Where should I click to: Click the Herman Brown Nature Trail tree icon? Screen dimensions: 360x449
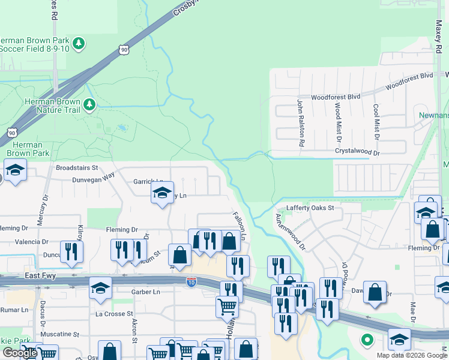point(89,106)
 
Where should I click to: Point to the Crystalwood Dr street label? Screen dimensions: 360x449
point(358,153)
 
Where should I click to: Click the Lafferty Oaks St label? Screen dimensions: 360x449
point(310,208)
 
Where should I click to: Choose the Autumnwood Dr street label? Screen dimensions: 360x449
point(291,232)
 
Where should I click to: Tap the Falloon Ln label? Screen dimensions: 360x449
point(239,226)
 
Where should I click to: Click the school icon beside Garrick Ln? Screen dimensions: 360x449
point(161,193)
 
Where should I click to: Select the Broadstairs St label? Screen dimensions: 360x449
point(76,168)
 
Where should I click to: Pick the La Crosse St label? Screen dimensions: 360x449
point(114,314)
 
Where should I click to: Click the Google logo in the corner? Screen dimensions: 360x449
point(19,353)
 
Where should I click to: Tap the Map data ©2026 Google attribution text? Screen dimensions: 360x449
point(412,355)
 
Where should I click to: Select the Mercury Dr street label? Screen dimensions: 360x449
point(41,210)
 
